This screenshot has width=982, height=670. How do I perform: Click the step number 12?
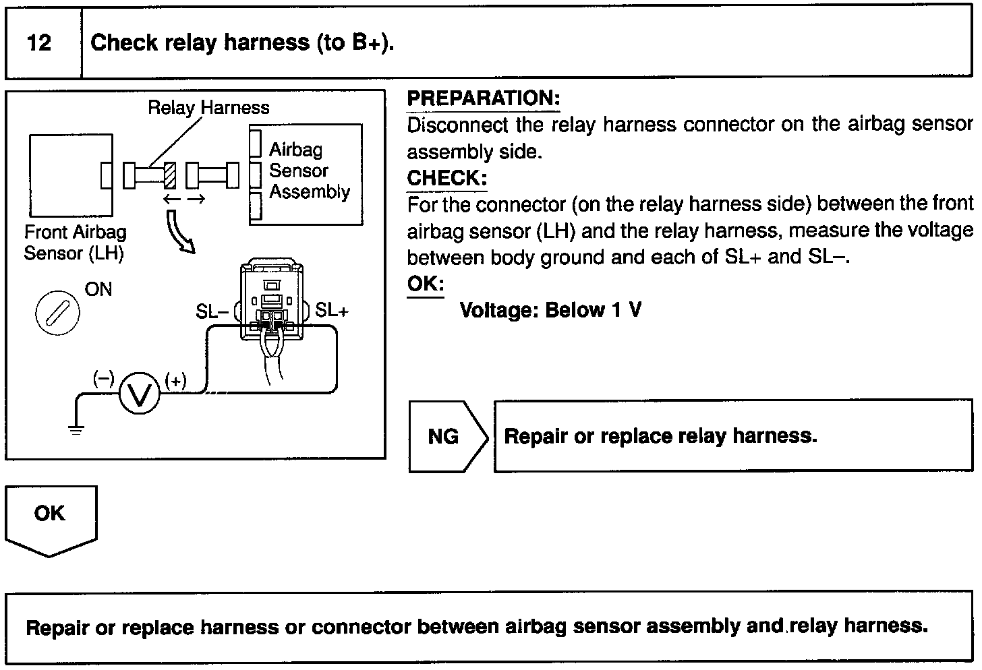pos(40,43)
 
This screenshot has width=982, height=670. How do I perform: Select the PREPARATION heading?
pos(483,98)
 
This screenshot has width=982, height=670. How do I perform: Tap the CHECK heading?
pos(446,179)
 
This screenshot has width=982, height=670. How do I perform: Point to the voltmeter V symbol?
pos(140,394)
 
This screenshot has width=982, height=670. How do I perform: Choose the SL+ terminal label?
pos(332,310)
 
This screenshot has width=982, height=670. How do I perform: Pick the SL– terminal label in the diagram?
pos(212,311)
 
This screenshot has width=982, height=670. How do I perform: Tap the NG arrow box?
pos(446,436)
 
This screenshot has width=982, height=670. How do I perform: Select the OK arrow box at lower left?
pos(50,517)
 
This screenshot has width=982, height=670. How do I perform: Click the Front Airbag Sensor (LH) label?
pos(74,243)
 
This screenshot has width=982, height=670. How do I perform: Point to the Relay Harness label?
pos(208,108)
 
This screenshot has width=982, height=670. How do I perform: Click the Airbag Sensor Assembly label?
pos(308,171)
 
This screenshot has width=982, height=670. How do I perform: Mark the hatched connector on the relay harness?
pos(170,175)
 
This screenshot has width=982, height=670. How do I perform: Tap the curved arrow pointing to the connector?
pos(179,231)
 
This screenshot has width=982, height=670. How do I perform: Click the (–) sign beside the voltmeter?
pos(103,379)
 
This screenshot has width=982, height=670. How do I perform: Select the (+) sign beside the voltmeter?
pos(175,381)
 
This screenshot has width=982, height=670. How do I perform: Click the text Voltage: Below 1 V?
pos(550,310)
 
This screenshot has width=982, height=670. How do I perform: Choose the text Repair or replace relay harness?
pos(660,436)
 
